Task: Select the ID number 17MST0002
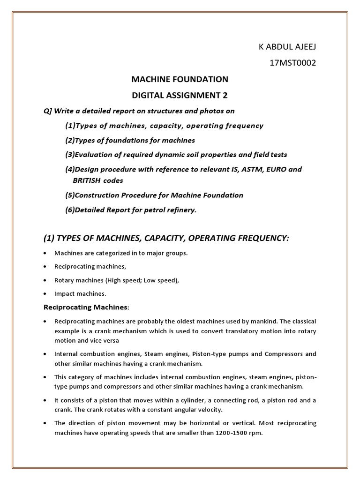point(293,63)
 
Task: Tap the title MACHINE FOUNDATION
point(180,79)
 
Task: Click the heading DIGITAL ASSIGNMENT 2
point(180,96)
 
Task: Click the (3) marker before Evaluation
point(70,154)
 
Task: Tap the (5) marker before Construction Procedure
point(70,195)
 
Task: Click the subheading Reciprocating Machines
point(85,307)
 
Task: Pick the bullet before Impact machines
point(45,294)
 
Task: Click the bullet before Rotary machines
point(45,280)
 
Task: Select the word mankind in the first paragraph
point(257,322)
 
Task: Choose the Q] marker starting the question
point(48,111)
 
